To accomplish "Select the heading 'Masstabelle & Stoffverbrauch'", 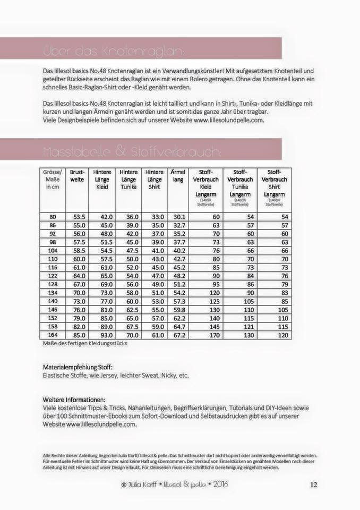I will coord(131,152).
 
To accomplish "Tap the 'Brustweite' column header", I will coord(78,176).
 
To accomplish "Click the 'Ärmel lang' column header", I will coord(178,176).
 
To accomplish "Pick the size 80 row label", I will coord(53,217).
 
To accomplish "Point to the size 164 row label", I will coord(53,335).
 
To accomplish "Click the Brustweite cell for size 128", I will coord(79,284).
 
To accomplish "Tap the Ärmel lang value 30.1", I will coord(178,217).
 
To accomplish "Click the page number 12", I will coord(313,484).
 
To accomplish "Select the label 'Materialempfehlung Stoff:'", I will coord(78,367).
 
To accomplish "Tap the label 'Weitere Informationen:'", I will coord(74,399).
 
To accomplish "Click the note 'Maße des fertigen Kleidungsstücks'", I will coord(85,343).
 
